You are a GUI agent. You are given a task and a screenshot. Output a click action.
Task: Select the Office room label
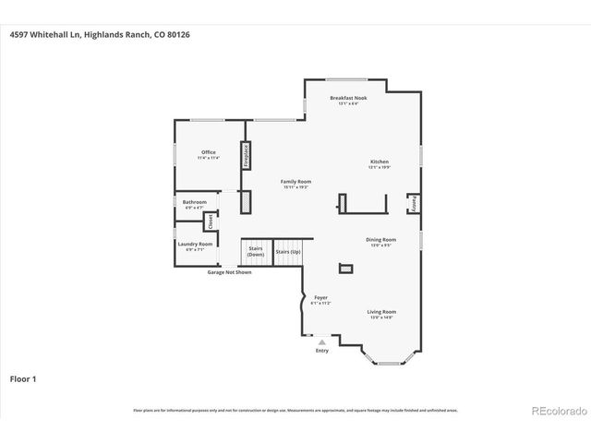click(208, 154)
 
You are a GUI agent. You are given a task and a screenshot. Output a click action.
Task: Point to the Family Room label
click(295, 184)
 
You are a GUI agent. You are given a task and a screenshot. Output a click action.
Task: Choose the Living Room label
click(382, 314)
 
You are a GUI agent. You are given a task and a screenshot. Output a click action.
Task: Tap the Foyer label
click(320, 299)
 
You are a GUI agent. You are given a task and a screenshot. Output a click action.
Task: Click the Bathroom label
click(194, 204)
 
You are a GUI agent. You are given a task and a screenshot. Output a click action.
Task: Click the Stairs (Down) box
click(256, 251)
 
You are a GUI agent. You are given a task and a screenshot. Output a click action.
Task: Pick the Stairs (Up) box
click(287, 251)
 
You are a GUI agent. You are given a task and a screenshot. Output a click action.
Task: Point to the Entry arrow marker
click(321, 342)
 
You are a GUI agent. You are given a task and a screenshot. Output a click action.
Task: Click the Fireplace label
click(247, 154)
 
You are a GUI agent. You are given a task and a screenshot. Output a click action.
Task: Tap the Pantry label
click(414, 202)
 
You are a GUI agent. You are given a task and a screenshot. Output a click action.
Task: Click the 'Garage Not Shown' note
click(229, 272)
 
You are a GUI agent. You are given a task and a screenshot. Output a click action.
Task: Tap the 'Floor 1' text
click(23, 378)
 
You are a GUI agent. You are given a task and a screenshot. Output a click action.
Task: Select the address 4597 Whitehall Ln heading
click(100, 34)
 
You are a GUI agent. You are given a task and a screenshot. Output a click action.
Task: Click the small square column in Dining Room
click(345, 269)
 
